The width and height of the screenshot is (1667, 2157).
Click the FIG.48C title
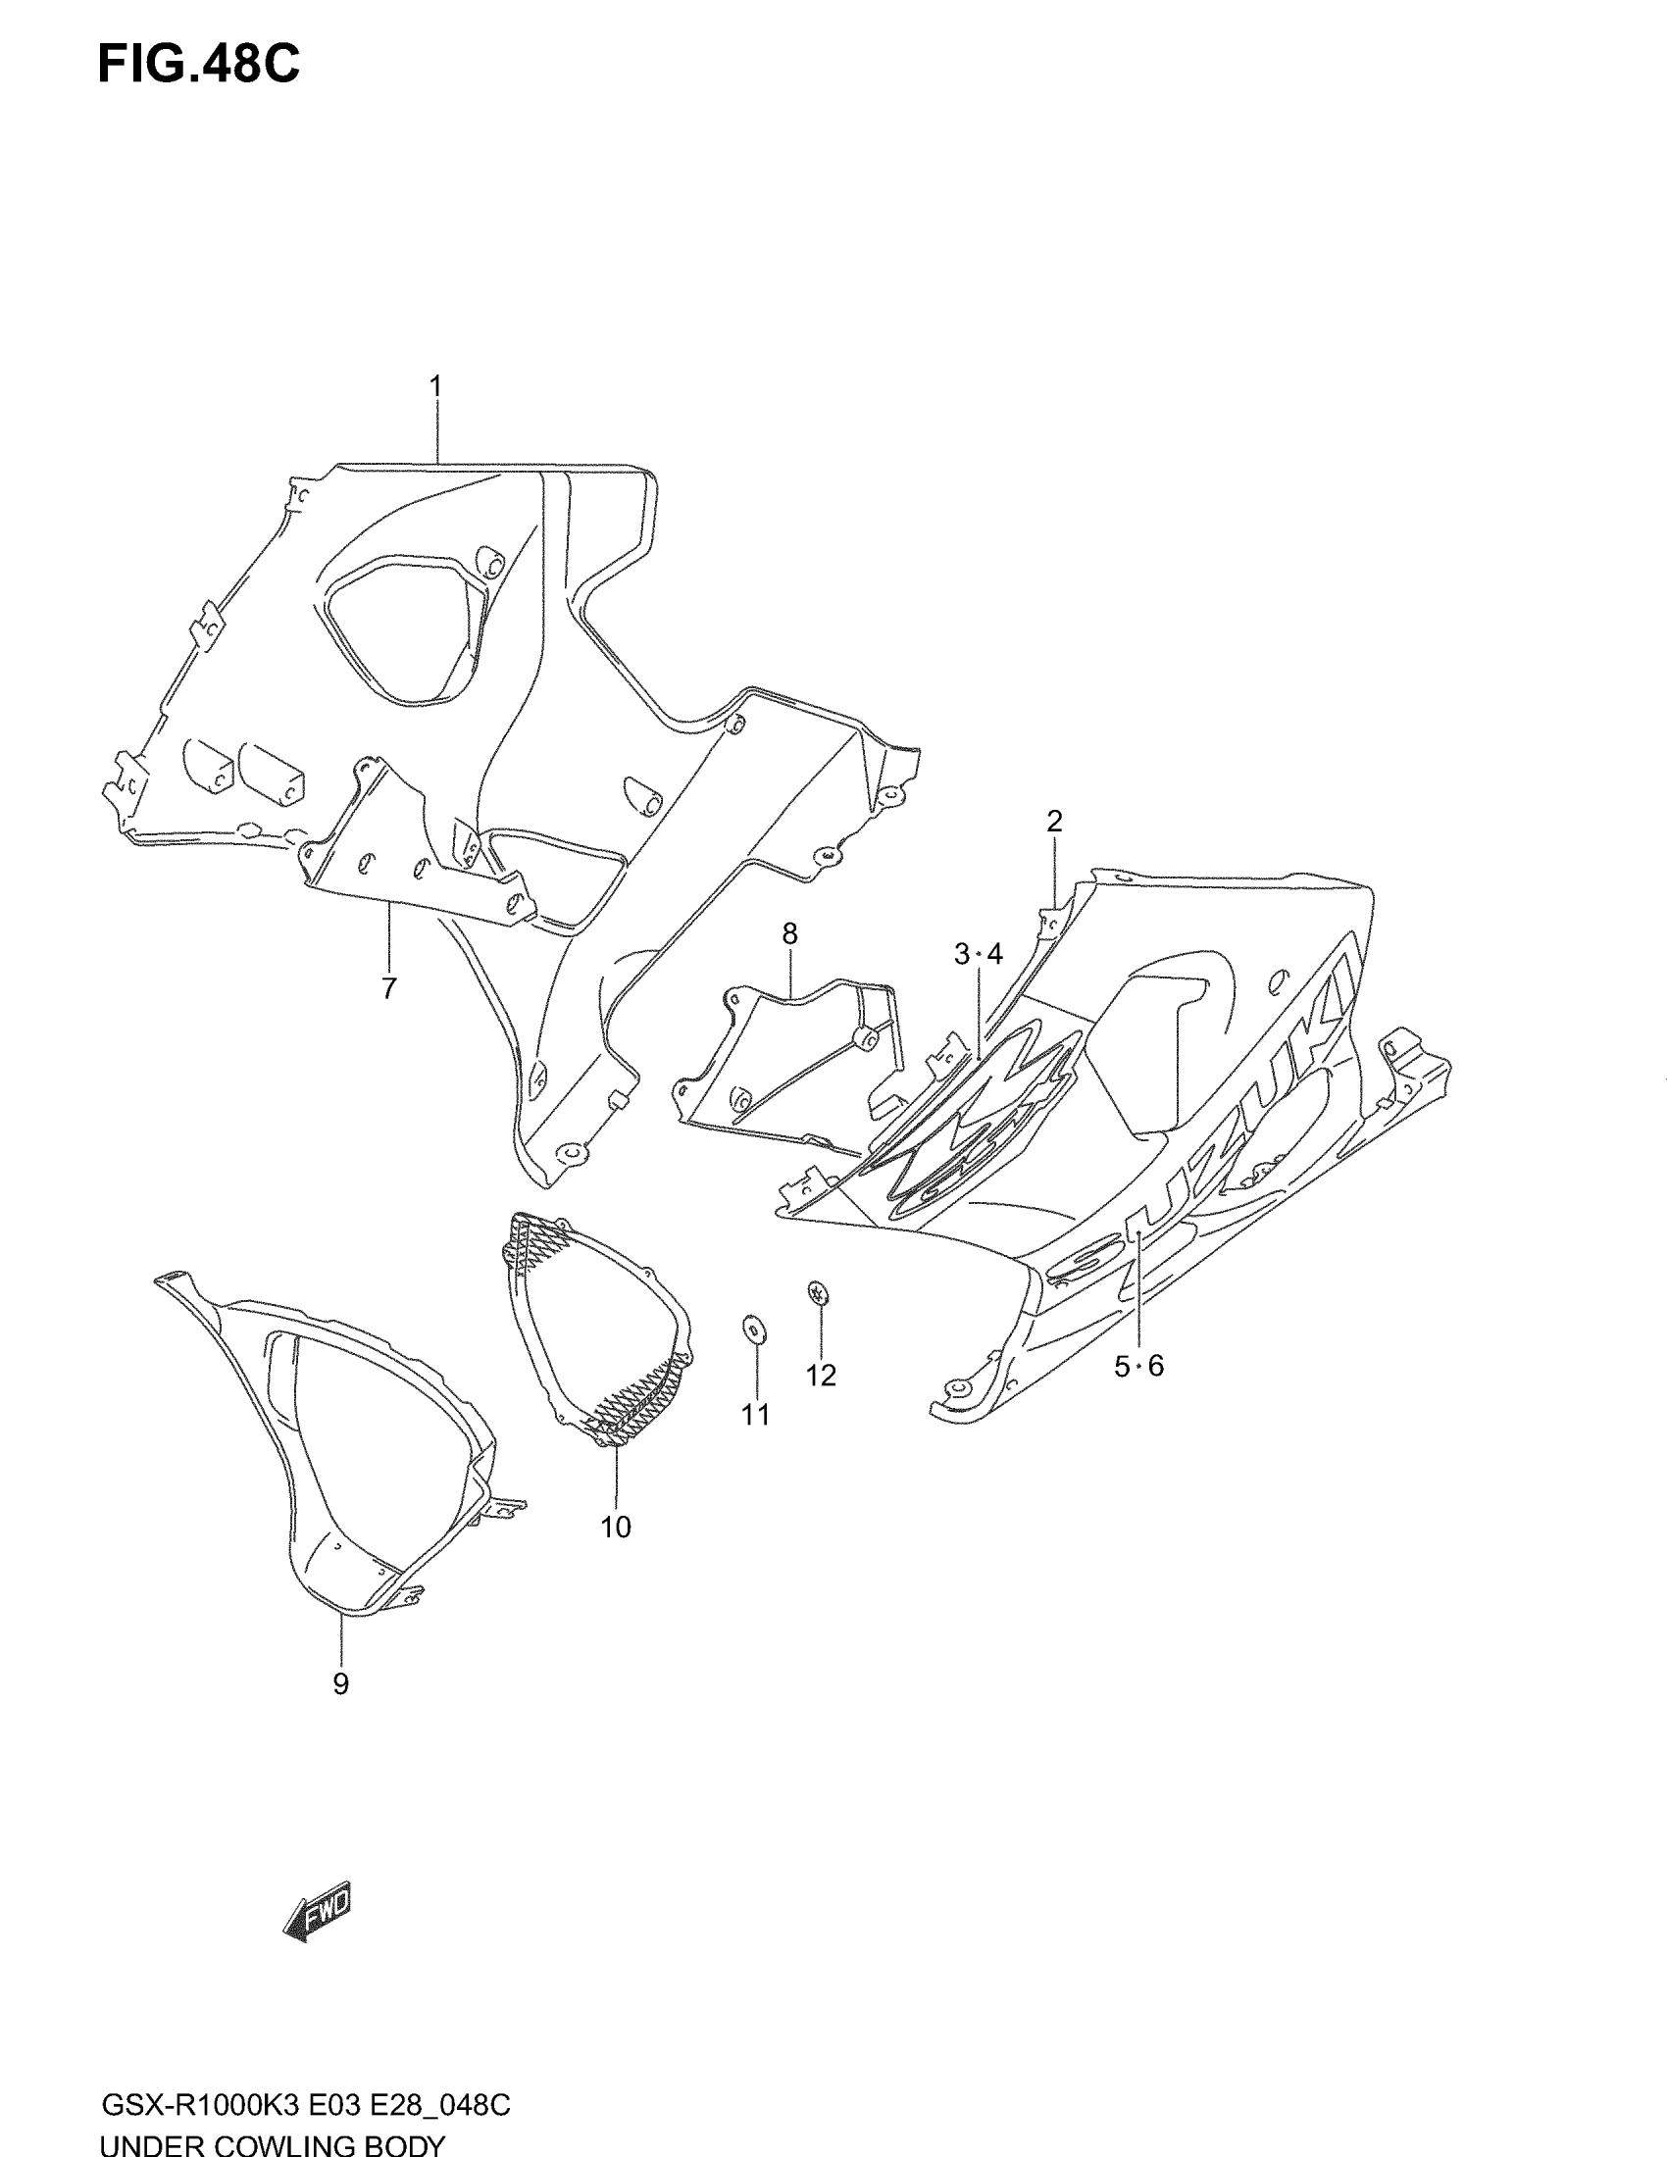point(198,66)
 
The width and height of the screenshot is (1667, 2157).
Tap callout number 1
point(435,386)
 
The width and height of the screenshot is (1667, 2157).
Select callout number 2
point(1055,821)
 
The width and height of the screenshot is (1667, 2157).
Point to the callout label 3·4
point(978,954)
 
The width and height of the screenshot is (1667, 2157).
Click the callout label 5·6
point(1138,1366)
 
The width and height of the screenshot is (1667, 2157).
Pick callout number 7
point(389,987)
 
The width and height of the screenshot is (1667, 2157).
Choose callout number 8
point(790,933)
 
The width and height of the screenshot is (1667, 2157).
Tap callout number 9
point(340,1683)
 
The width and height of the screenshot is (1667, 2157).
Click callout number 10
point(615,1527)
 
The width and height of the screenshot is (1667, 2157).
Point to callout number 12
point(821,1376)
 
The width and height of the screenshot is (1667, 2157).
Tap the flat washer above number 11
point(754,1329)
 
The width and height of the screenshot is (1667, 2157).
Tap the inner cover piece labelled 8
point(781,1057)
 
